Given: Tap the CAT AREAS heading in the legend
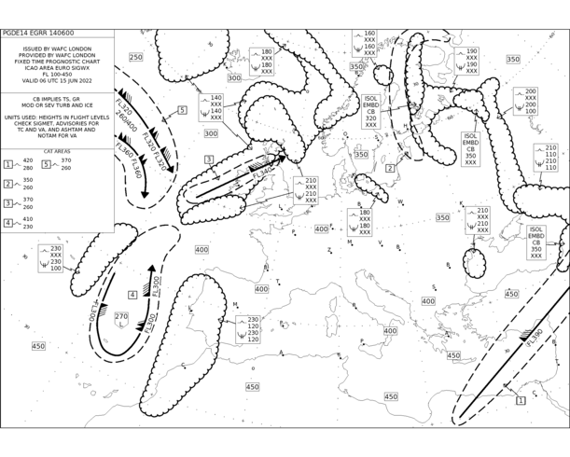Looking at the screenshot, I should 57,151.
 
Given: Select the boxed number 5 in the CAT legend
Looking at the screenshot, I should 46,164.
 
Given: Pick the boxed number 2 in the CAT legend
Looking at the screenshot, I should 8,184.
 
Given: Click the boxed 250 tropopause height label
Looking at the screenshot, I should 135,58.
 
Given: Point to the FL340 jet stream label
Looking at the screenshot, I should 262,173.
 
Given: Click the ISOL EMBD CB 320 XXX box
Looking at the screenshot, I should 370,111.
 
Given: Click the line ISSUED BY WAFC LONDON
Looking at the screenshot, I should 57,46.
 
